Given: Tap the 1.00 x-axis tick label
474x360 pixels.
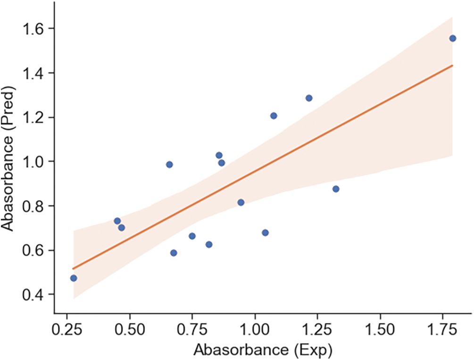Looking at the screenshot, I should coord(255,329).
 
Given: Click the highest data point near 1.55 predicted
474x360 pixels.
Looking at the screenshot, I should coord(453,38).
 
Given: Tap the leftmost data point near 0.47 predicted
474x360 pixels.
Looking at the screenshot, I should coord(74,278).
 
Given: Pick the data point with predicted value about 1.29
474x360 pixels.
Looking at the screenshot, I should coord(309,98).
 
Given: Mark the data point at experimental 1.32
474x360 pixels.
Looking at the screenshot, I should coord(336,189).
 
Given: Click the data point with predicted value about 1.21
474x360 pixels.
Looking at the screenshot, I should coord(274,116).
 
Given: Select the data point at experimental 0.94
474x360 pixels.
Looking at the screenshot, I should coord(241,202).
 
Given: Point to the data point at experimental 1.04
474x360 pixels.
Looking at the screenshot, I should coord(265,233).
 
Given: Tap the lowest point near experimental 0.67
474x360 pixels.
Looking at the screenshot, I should coord(174,253).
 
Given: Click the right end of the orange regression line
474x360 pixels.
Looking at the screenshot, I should coord(453,65).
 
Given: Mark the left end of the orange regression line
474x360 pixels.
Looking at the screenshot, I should coord(73,269).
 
